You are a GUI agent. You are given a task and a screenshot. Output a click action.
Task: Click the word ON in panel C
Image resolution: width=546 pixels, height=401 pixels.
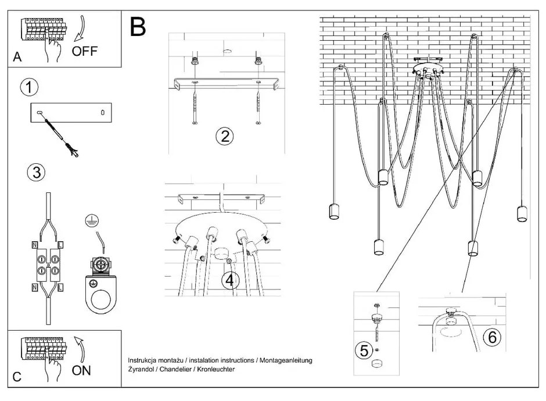pos(81,370)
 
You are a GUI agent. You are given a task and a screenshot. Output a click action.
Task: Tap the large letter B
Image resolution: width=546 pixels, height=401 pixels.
pos(138,27)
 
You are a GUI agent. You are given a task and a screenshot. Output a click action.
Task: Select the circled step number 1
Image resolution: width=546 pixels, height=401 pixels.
pos(29,88)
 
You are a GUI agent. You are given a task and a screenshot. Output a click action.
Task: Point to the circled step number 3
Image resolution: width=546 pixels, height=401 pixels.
pos(36,172)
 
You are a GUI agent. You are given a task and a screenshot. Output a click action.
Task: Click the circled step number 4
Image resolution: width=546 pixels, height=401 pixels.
pos(230,280)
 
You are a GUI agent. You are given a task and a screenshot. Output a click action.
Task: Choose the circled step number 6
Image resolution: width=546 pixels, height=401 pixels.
pos(491,336)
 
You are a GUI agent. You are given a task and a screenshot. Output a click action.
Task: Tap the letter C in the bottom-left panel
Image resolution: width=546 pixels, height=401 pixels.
pos(17,377)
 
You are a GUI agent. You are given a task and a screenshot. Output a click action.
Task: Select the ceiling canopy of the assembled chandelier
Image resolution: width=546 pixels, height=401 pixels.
pos(428,69)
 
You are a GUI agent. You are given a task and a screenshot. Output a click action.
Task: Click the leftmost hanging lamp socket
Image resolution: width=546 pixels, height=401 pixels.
pos(334,212)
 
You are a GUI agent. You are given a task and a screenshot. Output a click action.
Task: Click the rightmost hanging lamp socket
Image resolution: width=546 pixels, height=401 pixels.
pos(522,213)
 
